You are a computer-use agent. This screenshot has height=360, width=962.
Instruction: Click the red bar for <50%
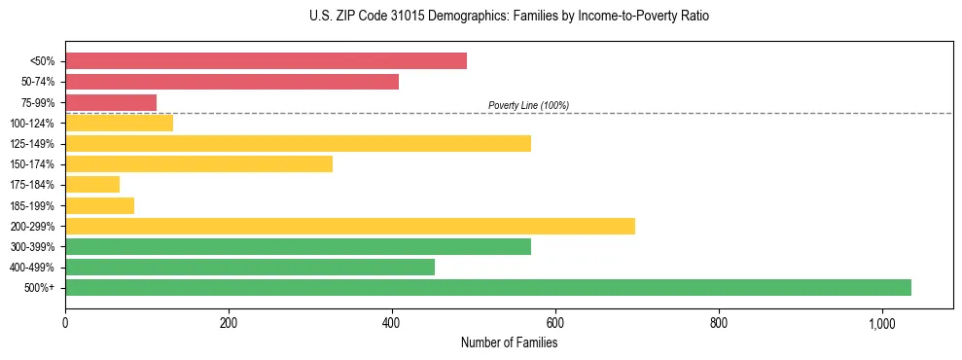point(266,61)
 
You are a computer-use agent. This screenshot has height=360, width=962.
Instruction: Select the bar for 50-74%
point(232,82)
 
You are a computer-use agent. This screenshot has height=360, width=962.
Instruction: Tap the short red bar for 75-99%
point(111,102)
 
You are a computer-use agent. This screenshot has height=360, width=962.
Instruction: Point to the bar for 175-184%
point(92,185)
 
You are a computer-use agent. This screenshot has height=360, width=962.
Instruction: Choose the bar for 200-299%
point(350,226)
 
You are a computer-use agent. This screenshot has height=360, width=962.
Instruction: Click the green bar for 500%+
point(488,287)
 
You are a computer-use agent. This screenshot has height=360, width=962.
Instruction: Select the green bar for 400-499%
point(250,267)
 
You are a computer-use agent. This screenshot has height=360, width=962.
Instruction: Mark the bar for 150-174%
point(198,164)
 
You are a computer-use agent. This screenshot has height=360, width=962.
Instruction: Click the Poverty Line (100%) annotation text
point(528,105)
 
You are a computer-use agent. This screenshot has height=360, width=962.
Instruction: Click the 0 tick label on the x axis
point(65,322)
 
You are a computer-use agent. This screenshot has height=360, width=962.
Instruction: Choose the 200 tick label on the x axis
point(229,322)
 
